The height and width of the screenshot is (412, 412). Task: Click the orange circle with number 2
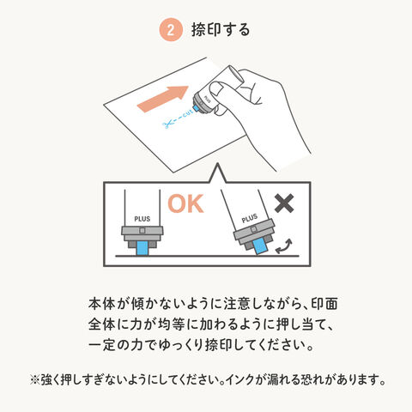[171, 30]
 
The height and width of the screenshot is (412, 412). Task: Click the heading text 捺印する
[221, 30]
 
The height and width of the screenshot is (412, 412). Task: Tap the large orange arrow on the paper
[163, 99]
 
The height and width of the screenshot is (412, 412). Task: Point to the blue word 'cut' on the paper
[188, 114]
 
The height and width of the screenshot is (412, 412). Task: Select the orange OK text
[185, 203]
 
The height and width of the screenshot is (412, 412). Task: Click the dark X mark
[284, 203]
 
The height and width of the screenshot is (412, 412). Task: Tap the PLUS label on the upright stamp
[142, 219]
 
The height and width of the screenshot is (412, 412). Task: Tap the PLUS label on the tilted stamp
[250, 218]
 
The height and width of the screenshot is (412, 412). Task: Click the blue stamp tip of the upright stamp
[142, 248]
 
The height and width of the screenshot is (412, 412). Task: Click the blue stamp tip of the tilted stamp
[260, 246]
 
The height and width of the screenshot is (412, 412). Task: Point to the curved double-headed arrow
[284, 246]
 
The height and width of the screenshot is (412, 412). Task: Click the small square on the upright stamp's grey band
[142, 230]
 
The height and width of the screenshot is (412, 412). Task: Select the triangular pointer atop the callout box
[218, 173]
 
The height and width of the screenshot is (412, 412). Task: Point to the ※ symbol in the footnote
[34, 380]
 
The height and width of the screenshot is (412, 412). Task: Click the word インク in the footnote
[239, 380]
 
